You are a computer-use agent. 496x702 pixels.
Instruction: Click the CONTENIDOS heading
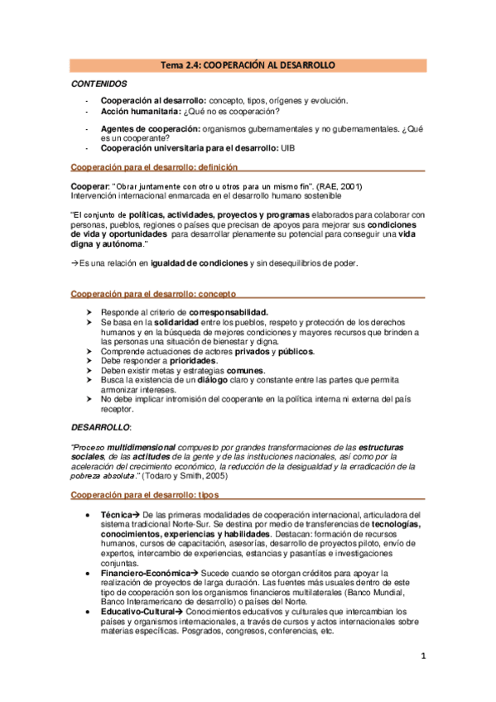(99, 84)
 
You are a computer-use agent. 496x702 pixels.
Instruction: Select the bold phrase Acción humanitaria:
(135, 111)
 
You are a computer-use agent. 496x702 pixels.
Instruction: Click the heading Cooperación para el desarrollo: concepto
(153, 293)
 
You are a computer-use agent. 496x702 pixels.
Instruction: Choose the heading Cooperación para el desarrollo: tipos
(142, 495)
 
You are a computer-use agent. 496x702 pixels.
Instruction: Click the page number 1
(422, 656)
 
